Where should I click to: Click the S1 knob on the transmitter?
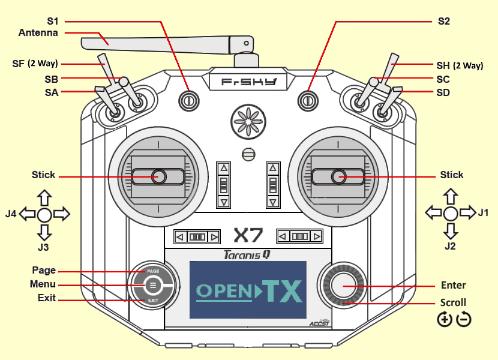tap(189, 101)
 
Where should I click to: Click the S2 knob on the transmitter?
tap(308, 101)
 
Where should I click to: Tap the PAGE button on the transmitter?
tap(153, 272)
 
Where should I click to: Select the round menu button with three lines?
tap(153, 286)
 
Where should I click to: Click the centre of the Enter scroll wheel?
tap(344, 286)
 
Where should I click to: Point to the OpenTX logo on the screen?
tap(248, 290)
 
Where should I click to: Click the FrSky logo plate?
tap(248, 82)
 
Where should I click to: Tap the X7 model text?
tap(248, 235)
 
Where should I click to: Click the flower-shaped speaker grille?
tap(248, 122)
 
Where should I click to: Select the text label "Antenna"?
tap(38, 33)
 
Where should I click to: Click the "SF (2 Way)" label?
tap(35, 64)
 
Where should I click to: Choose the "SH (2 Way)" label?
tap(460, 65)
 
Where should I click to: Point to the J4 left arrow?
tap(28, 214)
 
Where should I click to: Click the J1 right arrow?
tap(467, 212)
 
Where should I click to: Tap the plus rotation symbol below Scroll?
tap(445, 319)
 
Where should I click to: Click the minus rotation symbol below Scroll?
tap(464, 319)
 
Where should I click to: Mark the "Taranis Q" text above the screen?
tap(247, 255)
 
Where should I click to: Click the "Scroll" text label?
tap(453, 302)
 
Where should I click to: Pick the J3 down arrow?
tap(44, 232)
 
